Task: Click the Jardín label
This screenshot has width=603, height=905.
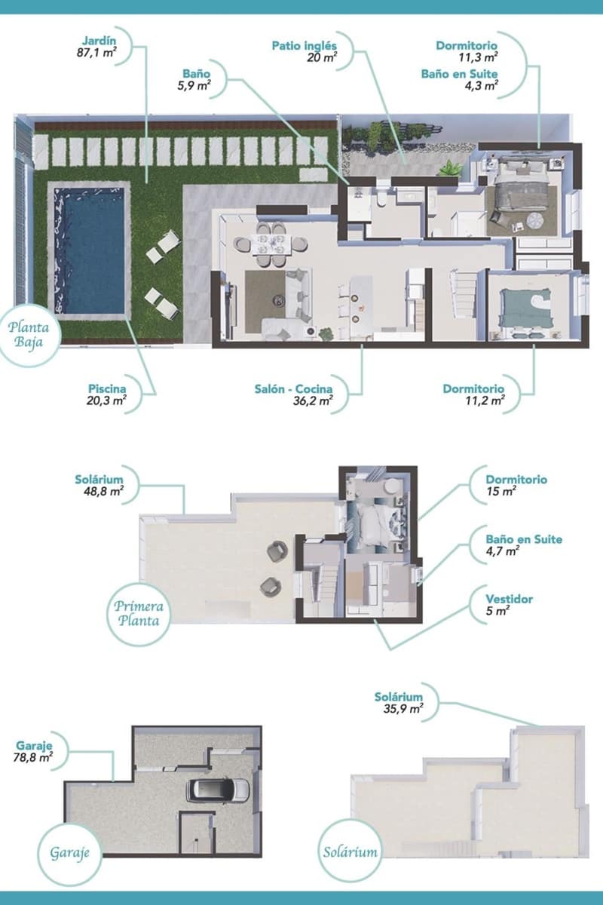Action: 99,41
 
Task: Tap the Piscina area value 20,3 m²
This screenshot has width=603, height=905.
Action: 106,400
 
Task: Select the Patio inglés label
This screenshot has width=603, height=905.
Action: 304,46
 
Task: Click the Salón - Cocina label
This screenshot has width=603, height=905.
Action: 294,388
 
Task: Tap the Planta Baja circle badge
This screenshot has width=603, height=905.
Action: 29,336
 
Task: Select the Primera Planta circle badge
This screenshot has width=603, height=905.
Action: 139,614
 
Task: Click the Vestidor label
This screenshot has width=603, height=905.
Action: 509,599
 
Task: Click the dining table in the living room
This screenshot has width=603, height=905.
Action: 271,245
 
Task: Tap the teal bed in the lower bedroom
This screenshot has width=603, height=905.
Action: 526,308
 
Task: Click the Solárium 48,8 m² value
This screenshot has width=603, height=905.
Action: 104,491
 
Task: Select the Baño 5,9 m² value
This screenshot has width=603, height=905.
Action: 194,85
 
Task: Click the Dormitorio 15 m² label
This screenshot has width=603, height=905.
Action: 516,480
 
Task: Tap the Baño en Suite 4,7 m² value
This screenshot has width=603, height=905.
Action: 503,551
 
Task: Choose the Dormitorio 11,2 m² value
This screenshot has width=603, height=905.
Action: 485,400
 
